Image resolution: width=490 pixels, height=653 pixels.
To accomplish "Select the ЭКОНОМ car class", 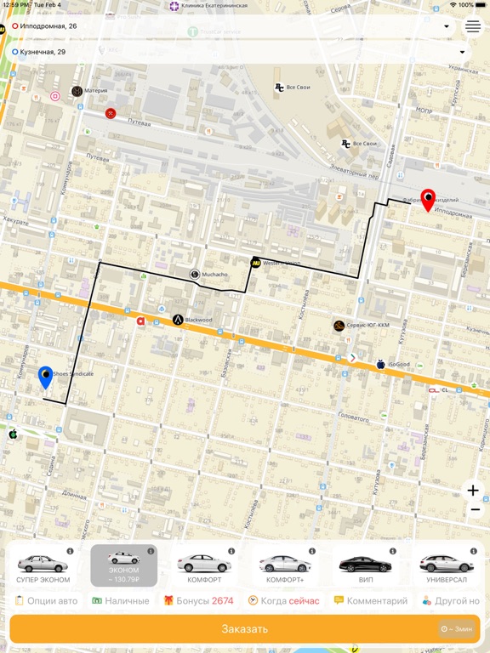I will click(x=124, y=565).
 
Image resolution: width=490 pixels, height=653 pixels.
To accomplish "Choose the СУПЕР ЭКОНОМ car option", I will click(x=43, y=565).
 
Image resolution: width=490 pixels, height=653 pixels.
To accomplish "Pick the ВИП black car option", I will click(x=366, y=565).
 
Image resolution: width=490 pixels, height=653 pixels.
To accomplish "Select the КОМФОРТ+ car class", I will click(x=285, y=565).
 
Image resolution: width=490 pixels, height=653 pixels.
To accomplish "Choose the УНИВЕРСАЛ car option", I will click(x=447, y=565).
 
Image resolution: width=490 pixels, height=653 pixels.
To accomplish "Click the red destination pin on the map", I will click(x=428, y=200).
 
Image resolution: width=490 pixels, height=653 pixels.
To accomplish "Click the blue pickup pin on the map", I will click(x=46, y=377).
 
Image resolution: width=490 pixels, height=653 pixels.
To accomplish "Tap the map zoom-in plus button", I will click(x=474, y=491).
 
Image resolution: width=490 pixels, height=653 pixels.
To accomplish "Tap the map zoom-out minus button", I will click(x=474, y=509).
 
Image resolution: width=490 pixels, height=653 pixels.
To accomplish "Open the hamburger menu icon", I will click(x=473, y=26).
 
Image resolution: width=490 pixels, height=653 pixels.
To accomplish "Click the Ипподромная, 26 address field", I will click(x=230, y=26).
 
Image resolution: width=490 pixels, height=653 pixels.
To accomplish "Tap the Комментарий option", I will click(x=371, y=601).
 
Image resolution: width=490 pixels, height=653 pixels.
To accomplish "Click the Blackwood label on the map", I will click(x=197, y=320).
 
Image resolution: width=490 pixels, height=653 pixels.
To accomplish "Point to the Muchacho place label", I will click(x=214, y=275).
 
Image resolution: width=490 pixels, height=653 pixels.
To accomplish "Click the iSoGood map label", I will click(x=398, y=365).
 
